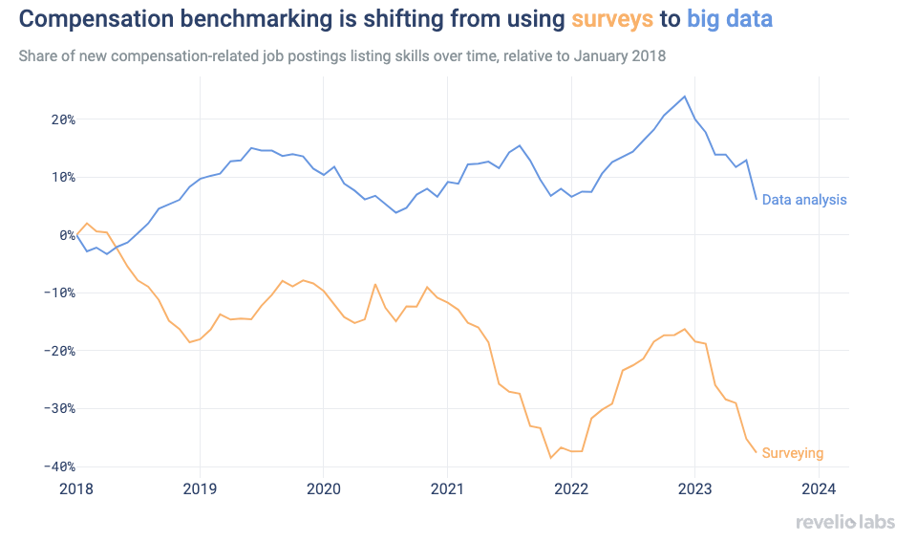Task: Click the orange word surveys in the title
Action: point(612,18)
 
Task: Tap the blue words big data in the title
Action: point(730,18)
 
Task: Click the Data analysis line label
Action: point(804,200)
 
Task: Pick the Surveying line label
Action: point(792,453)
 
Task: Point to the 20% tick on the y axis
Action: point(61,119)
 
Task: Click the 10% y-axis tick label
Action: point(61,177)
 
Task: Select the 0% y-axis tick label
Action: point(65,235)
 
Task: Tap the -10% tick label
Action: point(58,293)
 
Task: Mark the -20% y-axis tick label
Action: point(58,351)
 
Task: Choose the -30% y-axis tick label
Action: point(58,408)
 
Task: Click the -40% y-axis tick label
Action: point(58,466)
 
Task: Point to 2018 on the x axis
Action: point(75,489)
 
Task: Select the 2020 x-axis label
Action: point(323,489)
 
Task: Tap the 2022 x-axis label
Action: point(570,489)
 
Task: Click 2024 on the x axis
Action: point(819,489)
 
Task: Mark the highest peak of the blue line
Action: point(684,97)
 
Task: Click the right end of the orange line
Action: point(757,452)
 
